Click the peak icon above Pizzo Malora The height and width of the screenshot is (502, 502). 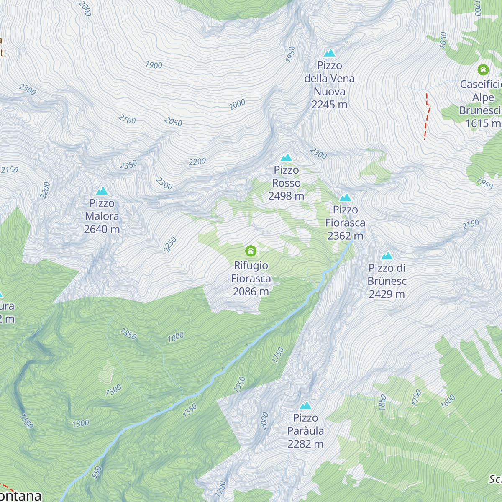click(102, 191)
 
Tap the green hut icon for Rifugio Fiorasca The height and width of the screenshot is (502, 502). click(251, 251)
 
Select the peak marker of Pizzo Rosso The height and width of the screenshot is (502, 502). click(286, 158)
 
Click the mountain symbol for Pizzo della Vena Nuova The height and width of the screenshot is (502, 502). click(330, 53)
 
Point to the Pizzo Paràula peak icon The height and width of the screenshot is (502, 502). click(305, 405)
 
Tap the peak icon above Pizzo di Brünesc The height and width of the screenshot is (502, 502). click(387, 256)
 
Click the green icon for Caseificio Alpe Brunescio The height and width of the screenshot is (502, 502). click(483, 69)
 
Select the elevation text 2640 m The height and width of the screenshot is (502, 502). click(102, 229)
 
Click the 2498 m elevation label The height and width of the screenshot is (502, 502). click(286, 196)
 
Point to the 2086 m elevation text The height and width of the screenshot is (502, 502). click(251, 292)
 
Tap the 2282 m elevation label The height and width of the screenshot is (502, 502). click(305, 444)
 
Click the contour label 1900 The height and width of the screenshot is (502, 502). click(154, 65)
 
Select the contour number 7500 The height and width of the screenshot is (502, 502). click(113, 390)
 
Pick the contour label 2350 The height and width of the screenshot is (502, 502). click(128, 165)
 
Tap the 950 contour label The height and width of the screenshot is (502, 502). click(97, 472)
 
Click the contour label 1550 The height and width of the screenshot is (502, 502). click(239, 384)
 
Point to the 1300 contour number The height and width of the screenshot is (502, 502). click(80, 423)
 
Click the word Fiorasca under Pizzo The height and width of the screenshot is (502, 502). click(345, 223)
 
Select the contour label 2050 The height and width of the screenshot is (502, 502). click(173, 122)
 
